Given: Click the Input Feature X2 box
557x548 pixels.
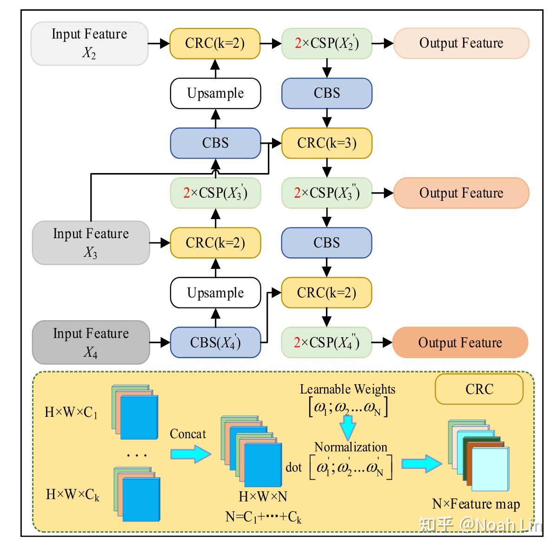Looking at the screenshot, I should pyautogui.click(x=89, y=43).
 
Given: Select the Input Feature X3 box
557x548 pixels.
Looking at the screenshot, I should pyautogui.click(x=91, y=242).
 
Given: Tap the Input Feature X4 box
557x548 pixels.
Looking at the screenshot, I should pyautogui.click(x=91, y=342).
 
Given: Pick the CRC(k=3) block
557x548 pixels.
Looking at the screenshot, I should pyautogui.click(x=327, y=143).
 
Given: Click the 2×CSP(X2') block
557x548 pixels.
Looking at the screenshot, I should pyautogui.click(x=327, y=43).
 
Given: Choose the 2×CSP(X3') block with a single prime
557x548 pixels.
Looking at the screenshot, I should pyautogui.click(x=215, y=193).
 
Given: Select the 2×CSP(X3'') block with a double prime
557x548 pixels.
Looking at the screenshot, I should pyautogui.click(x=327, y=193).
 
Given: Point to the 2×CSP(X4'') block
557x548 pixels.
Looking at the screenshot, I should pyautogui.click(x=327, y=342).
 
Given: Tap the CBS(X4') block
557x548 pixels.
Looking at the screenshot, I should pyautogui.click(x=215, y=342).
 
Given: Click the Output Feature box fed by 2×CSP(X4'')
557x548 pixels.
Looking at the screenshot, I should pyautogui.click(x=460, y=342).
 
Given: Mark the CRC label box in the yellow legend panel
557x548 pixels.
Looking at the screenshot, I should pyautogui.click(x=479, y=389).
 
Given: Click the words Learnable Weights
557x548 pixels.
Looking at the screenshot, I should pyautogui.click(x=347, y=389).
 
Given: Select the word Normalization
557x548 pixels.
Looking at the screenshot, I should pyautogui.click(x=351, y=447).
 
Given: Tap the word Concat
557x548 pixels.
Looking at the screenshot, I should pyautogui.click(x=187, y=434).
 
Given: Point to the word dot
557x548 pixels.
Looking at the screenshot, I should pyautogui.click(x=294, y=467).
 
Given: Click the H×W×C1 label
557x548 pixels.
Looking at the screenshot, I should pyautogui.click(x=71, y=412).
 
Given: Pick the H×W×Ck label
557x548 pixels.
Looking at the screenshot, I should pyautogui.click(x=73, y=495).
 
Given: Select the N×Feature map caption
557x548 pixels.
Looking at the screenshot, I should pyautogui.click(x=476, y=504).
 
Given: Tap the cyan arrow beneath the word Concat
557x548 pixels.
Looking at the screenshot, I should pyautogui.click(x=191, y=454).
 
